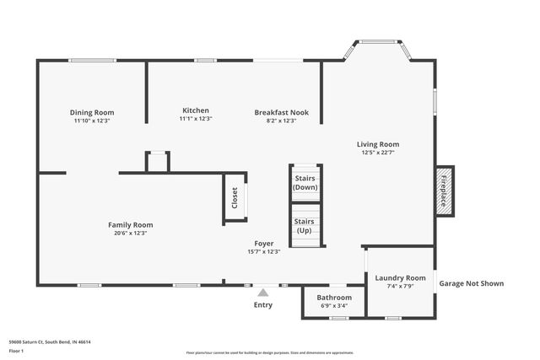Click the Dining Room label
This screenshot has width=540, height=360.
tap(92, 112)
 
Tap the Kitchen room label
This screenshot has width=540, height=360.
tap(195, 110)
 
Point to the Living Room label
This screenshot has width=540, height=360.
tap(377, 144)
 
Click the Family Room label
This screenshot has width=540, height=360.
tap(130, 224)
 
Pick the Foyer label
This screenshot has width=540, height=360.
tap(263, 243)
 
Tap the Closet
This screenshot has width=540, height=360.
tap(235, 199)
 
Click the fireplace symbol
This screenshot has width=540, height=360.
tap(444, 191)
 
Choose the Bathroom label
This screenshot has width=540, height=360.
tap(334, 298)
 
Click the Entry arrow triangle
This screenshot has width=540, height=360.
tap(263, 293)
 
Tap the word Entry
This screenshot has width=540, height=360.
tap(263, 304)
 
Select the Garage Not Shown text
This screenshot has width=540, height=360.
tap(471, 283)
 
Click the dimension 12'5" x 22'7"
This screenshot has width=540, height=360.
tap(377, 153)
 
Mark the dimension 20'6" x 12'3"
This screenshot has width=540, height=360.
tap(130, 234)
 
